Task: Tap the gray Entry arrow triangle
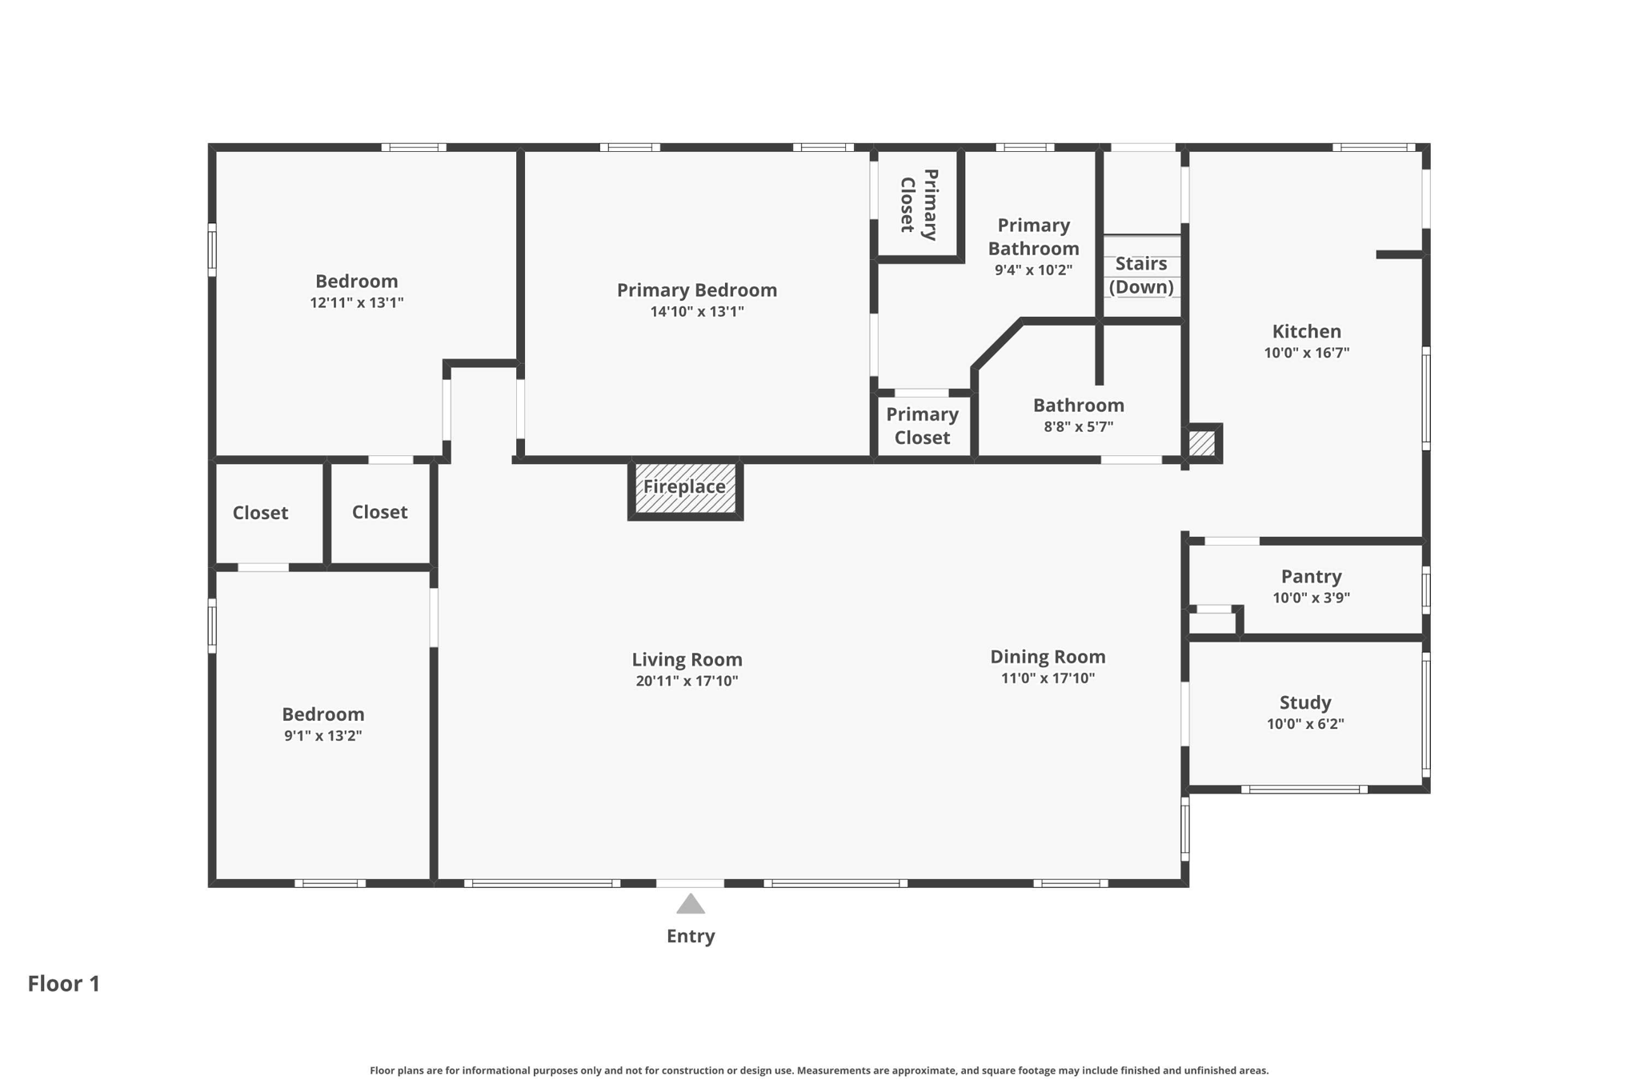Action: [x=691, y=904]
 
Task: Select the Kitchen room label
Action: [x=1307, y=331]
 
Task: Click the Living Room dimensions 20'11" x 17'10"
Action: [x=687, y=681]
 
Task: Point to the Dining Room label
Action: [x=1048, y=657]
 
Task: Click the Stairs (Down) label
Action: [x=1141, y=275]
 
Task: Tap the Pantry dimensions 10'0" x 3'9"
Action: [x=1311, y=598]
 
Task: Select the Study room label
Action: [x=1305, y=702]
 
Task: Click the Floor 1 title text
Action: [x=64, y=983]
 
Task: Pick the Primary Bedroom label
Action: [x=696, y=290]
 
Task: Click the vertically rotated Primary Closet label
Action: [x=919, y=204]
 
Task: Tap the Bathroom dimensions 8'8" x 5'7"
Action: [x=1078, y=426]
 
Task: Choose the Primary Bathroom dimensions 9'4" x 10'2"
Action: [x=1033, y=270]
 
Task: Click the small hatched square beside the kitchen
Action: [x=1201, y=443]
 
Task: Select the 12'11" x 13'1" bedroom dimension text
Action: [x=357, y=302]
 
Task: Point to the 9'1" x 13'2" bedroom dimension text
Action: [x=323, y=735]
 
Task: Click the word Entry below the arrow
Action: [x=691, y=936]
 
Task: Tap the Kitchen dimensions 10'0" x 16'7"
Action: [x=1306, y=353]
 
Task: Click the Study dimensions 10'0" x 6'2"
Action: [x=1305, y=724]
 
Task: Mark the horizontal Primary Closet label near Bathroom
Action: [x=922, y=426]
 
